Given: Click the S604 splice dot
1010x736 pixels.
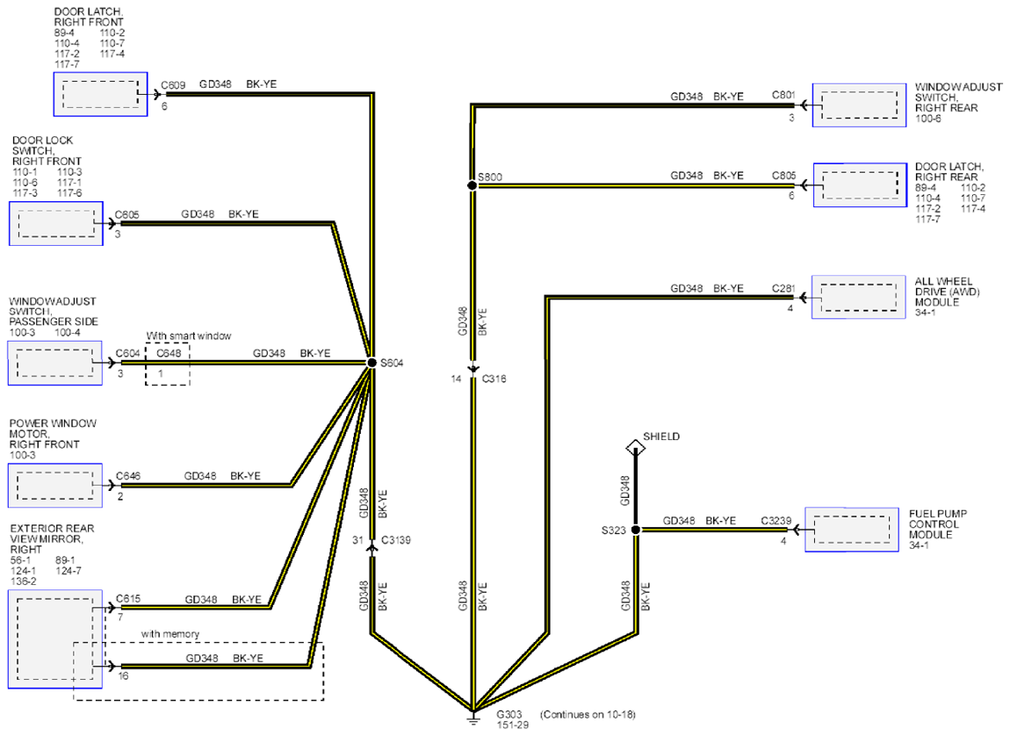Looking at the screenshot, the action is click(x=372, y=363).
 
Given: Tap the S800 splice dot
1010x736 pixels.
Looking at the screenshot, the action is click(x=473, y=185).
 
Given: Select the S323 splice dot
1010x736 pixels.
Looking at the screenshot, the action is click(x=636, y=530).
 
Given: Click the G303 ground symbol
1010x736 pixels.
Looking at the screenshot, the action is click(x=473, y=717).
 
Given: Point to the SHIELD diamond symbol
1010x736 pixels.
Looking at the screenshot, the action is click(x=635, y=447).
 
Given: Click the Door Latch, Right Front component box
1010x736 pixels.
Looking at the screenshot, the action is click(x=100, y=94).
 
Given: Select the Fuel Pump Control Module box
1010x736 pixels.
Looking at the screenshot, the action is click(x=852, y=530).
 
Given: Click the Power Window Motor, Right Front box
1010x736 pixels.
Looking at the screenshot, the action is click(x=55, y=485).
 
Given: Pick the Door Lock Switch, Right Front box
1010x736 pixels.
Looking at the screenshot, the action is click(x=56, y=223).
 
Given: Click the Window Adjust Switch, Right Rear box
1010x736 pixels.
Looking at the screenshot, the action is click(x=859, y=105).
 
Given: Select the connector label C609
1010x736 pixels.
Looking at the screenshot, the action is click(x=173, y=85).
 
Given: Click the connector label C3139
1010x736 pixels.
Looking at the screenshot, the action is click(x=396, y=540).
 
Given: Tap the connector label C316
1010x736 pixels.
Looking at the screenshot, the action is click(x=494, y=379).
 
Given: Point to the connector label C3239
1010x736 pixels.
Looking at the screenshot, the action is click(x=776, y=520).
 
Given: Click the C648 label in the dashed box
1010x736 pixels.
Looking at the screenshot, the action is click(x=169, y=353).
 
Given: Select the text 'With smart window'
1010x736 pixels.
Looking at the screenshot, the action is click(x=189, y=336).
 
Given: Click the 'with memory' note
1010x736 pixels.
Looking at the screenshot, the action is click(x=170, y=634).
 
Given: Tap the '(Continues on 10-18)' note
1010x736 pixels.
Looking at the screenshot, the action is click(x=588, y=714).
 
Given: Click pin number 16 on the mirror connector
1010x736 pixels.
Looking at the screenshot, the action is click(x=123, y=676).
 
